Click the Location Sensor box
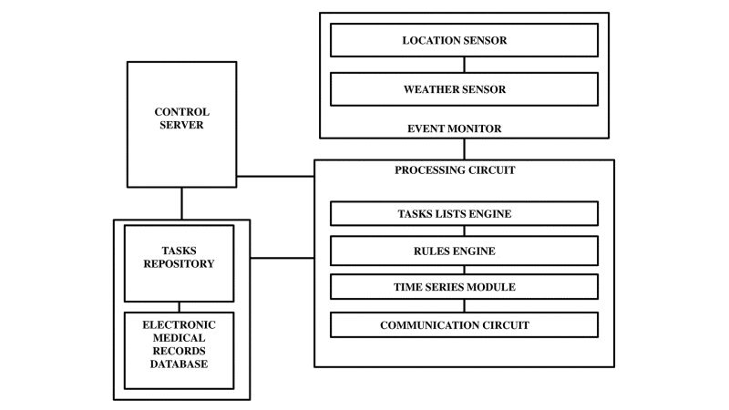463,40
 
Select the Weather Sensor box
463,89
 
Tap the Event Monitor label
454,128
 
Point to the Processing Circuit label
447,169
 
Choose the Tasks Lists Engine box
463,213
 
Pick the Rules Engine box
463,251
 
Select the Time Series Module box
463,287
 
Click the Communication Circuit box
463,323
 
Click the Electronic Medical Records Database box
179,350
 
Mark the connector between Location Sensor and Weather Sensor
464,65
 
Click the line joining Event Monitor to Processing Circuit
464,149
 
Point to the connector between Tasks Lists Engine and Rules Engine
464,231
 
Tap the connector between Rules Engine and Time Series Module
464,269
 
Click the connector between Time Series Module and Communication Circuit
464,305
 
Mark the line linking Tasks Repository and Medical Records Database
179,306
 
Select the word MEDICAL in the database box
179,339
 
